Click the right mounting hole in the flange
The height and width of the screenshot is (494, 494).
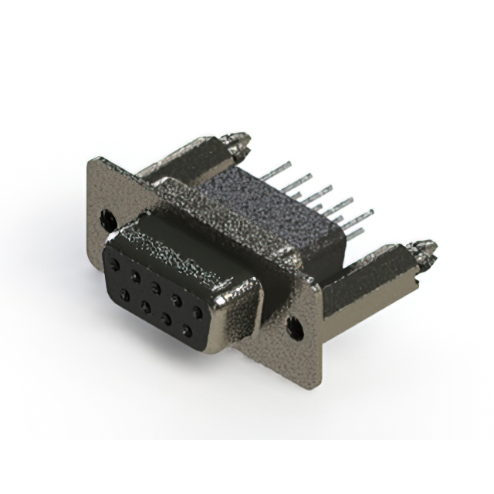(x=295, y=327)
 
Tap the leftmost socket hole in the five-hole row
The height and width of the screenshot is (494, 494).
(x=115, y=265)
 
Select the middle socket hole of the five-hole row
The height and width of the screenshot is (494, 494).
(x=156, y=288)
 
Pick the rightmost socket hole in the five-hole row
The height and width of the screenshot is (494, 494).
(x=198, y=313)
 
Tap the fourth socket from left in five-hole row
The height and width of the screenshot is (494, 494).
(x=177, y=300)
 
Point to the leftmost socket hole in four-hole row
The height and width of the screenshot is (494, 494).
(x=124, y=294)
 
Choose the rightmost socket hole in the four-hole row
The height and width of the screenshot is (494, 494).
(x=187, y=330)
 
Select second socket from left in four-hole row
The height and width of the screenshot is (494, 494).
(x=145, y=306)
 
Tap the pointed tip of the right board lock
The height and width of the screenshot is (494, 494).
(x=432, y=248)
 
